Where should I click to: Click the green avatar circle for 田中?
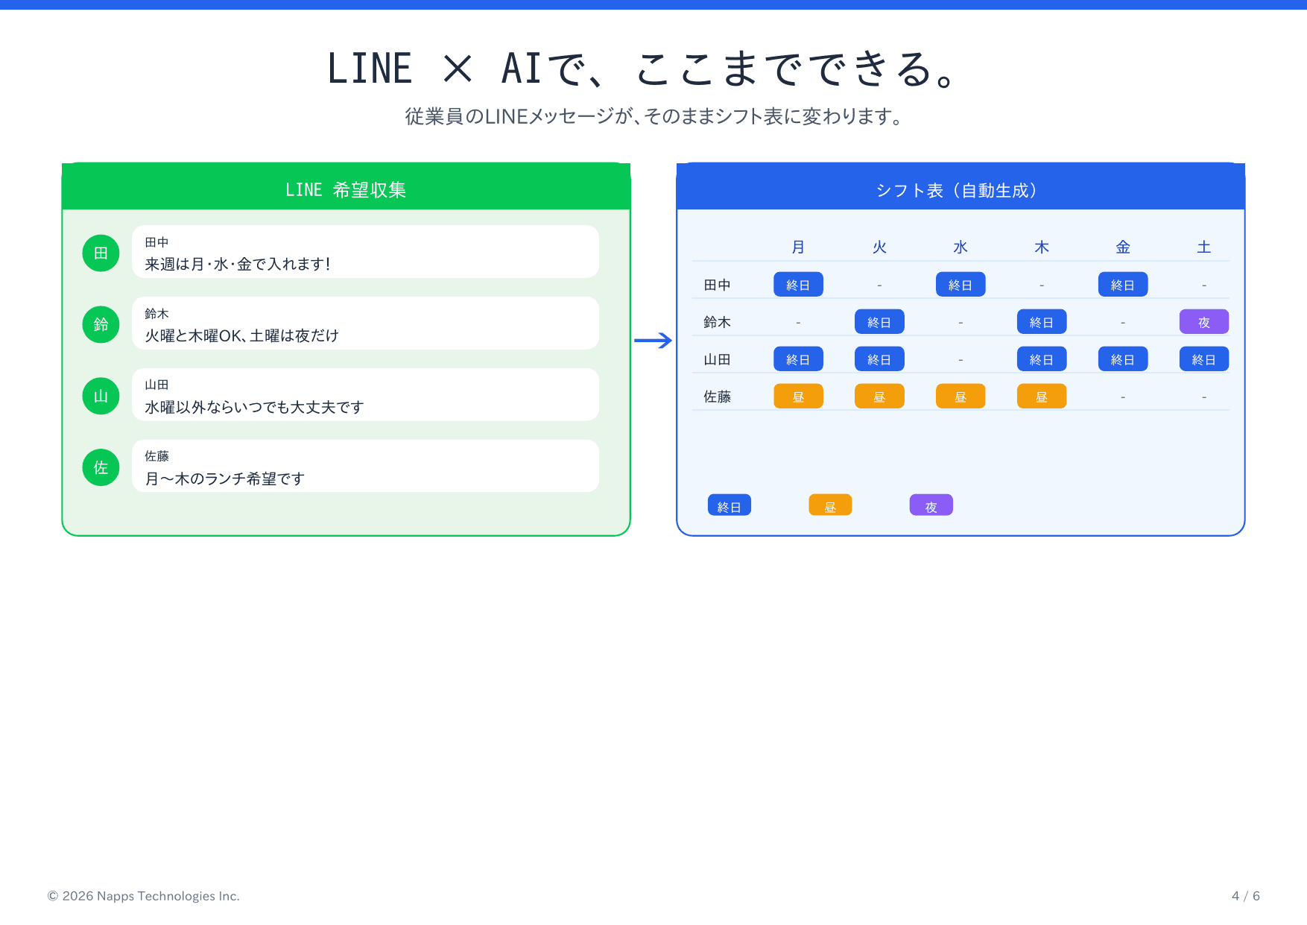click(x=101, y=253)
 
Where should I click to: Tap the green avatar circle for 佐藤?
click(x=101, y=467)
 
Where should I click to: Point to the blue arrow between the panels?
click(x=653, y=341)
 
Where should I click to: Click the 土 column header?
click(x=1203, y=247)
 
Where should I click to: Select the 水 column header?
click(x=960, y=247)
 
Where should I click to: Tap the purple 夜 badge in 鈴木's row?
click(x=1203, y=322)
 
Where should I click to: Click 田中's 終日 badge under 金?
click(x=1122, y=285)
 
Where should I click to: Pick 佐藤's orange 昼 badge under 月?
click(x=798, y=397)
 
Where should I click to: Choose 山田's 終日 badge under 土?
click(x=1203, y=359)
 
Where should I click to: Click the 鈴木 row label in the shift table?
click(x=717, y=322)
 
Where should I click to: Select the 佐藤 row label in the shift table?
click(x=717, y=397)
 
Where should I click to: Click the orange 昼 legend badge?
click(x=830, y=506)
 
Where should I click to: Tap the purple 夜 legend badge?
click(x=931, y=506)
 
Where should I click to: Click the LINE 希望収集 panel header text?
click(x=346, y=190)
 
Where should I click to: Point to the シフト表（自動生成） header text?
click(x=959, y=190)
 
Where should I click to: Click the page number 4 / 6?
click(x=1245, y=896)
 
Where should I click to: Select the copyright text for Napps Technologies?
click(x=144, y=896)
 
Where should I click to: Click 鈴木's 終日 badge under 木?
click(x=1041, y=322)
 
